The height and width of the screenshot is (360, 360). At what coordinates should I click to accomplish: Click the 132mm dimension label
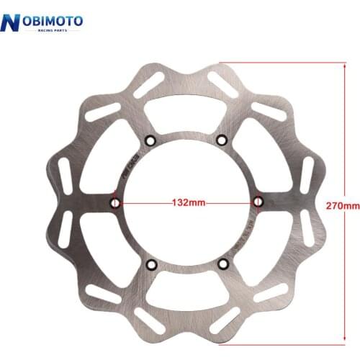point(186,203)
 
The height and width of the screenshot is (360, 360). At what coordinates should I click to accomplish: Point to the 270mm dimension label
point(343,205)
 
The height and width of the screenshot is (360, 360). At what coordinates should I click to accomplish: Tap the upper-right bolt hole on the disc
point(221,139)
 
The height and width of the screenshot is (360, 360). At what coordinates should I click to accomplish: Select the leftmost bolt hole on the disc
point(114,203)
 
